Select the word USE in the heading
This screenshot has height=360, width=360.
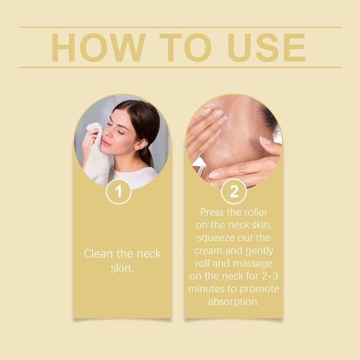coord(266,47)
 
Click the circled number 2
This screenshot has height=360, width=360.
coord(234,191)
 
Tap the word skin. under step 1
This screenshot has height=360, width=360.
coord(122,268)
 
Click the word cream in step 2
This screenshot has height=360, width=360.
coord(208,251)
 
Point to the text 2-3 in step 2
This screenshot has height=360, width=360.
coord(267,277)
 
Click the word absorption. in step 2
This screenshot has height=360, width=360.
coord(234,302)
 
